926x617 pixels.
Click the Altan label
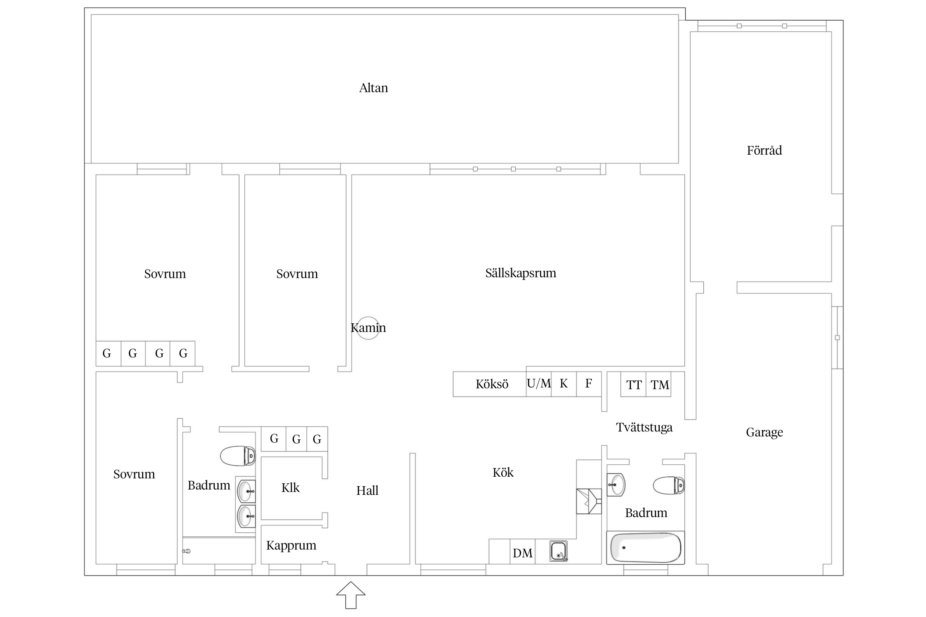point(373,88)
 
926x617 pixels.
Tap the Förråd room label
point(764,150)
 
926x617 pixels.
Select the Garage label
point(764,432)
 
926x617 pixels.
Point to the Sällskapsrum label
point(521,273)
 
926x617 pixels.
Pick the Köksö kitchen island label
point(492,384)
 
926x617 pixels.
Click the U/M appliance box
point(539,384)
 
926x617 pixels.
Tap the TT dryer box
point(633,384)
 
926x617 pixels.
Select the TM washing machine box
point(659,384)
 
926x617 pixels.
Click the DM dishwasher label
point(523,553)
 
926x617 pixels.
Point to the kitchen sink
point(558,551)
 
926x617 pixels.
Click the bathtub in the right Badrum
point(645,548)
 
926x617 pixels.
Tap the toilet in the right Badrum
point(669,485)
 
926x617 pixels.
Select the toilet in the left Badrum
point(238,456)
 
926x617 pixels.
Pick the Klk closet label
point(291,488)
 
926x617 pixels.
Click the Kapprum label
point(291,546)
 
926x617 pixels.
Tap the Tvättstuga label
point(644,428)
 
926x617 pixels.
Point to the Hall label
point(367,490)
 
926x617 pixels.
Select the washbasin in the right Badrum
point(616,485)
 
